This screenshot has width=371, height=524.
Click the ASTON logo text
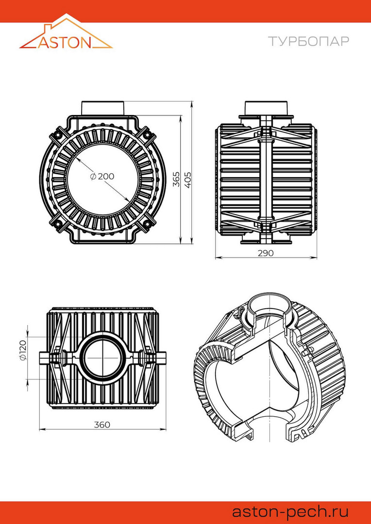click(65, 42)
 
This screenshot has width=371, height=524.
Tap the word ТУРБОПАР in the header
click(308, 41)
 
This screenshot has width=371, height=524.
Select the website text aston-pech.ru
click(290, 512)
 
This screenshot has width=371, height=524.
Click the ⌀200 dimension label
click(102, 177)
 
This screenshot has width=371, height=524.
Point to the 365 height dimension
click(177, 179)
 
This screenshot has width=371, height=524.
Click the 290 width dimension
click(266, 253)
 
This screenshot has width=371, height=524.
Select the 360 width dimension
click(102, 425)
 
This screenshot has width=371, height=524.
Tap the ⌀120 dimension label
click(23, 350)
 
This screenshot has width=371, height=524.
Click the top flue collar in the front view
click(103, 108)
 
